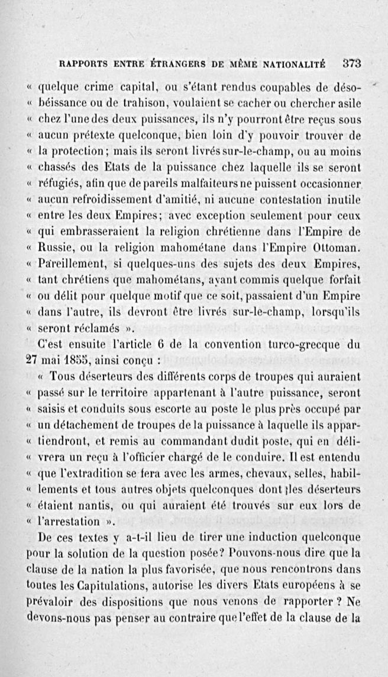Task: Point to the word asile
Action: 348,104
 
